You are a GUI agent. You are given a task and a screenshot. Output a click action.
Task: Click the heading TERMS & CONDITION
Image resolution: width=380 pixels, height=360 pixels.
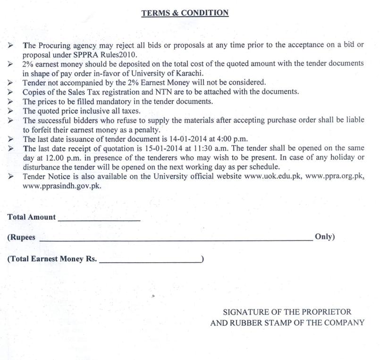[x=185, y=13]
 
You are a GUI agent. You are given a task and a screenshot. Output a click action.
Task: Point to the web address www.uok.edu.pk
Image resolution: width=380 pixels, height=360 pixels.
[x=272, y=177]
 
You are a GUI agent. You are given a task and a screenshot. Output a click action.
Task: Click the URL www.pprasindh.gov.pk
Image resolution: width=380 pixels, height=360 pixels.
[x=61, y=186]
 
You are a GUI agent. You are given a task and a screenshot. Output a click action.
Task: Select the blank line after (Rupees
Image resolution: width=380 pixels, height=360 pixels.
[x=175, y=240]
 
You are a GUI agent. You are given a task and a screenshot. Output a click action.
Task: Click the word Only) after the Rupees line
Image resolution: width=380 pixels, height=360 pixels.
[x=324, y=237]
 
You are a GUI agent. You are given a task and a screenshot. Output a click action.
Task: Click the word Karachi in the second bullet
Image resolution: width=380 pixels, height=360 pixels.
[x=189, y=73]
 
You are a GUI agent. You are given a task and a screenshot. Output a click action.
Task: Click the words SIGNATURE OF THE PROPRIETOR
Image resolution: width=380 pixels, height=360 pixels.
[x=287, y=312]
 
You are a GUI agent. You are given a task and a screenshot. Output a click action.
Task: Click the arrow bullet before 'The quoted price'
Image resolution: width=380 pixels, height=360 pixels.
[x=10, y=111]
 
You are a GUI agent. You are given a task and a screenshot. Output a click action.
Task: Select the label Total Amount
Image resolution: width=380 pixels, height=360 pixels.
[x=31, y=217]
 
